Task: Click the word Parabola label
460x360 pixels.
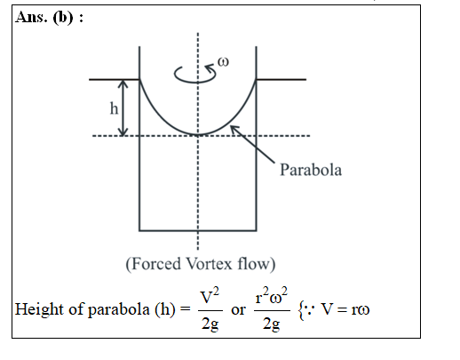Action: tap(311, 170)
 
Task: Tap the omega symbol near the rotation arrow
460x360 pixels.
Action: tap(223, 62)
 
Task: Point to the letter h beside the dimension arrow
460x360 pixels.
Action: tap(114, 108)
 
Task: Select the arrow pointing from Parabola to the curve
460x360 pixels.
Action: tap(252, 144)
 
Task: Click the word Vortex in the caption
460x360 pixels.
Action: tap(210, 263)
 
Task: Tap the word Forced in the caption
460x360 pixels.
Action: tap(153, 264)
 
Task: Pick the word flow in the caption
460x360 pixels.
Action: tap(257, 264)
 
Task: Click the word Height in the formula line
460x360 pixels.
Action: tap(40, 310)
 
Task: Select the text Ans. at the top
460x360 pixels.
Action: tap(31, 17)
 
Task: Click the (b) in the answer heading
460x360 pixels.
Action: tap(63, 18)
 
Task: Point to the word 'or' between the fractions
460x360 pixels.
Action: tap(238, 310)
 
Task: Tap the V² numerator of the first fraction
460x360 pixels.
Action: tap(210, 297)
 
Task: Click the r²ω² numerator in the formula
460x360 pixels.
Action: tap(272, 296)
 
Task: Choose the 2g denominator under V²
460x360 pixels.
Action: tap(210, 324)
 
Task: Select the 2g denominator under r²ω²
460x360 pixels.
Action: tap(272, 324)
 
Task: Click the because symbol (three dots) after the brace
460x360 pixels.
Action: tap(310, 309)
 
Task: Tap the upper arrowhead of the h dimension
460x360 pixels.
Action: tap(123, 84)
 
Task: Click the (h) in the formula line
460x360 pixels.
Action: tap(165, 309)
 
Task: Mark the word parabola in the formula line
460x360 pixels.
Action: tap(119, 310)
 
